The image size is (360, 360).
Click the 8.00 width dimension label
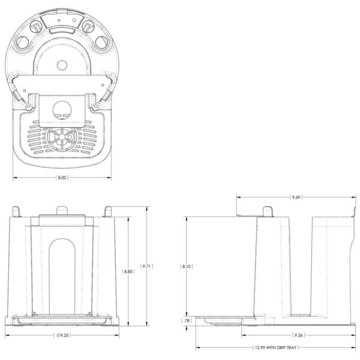click(62, 178)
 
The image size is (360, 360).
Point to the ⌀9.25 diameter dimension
click(63, 335)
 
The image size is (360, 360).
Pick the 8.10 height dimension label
click(188, 265)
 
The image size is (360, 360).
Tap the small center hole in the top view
click(63, 64)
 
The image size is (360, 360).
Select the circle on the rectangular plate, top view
click(62, 109)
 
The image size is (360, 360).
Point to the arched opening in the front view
click(62, 273)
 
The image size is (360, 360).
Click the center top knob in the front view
click(62, 209)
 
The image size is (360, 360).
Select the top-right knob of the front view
click(108, 211)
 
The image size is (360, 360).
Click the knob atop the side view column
click(268, 210)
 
